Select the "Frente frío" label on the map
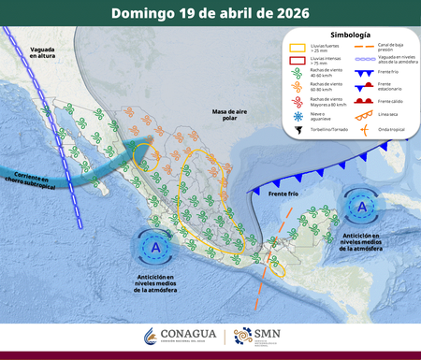283,194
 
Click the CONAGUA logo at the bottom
181,336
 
